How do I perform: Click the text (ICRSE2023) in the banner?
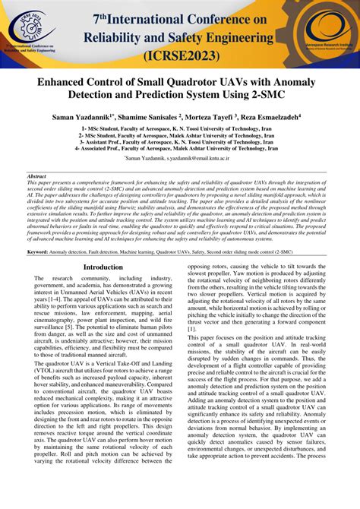(181, 55)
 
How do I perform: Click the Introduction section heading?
(103, 267)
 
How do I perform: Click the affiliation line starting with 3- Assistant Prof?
(180, 142)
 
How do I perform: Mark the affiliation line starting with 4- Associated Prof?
(180, 149)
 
